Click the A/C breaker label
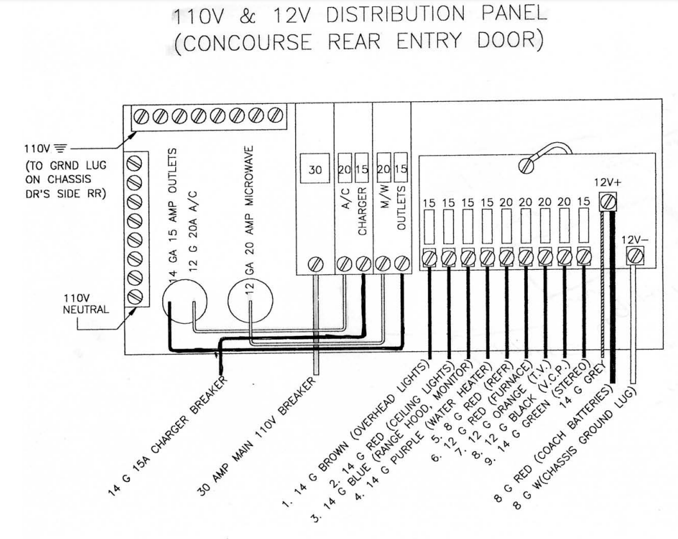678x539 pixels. [x=344, y=198]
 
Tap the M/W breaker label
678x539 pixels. [x=383, y=198]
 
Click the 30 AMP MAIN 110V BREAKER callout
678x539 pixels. [x=263, y=429]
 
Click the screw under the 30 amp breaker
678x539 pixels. [x=315, y=263]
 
